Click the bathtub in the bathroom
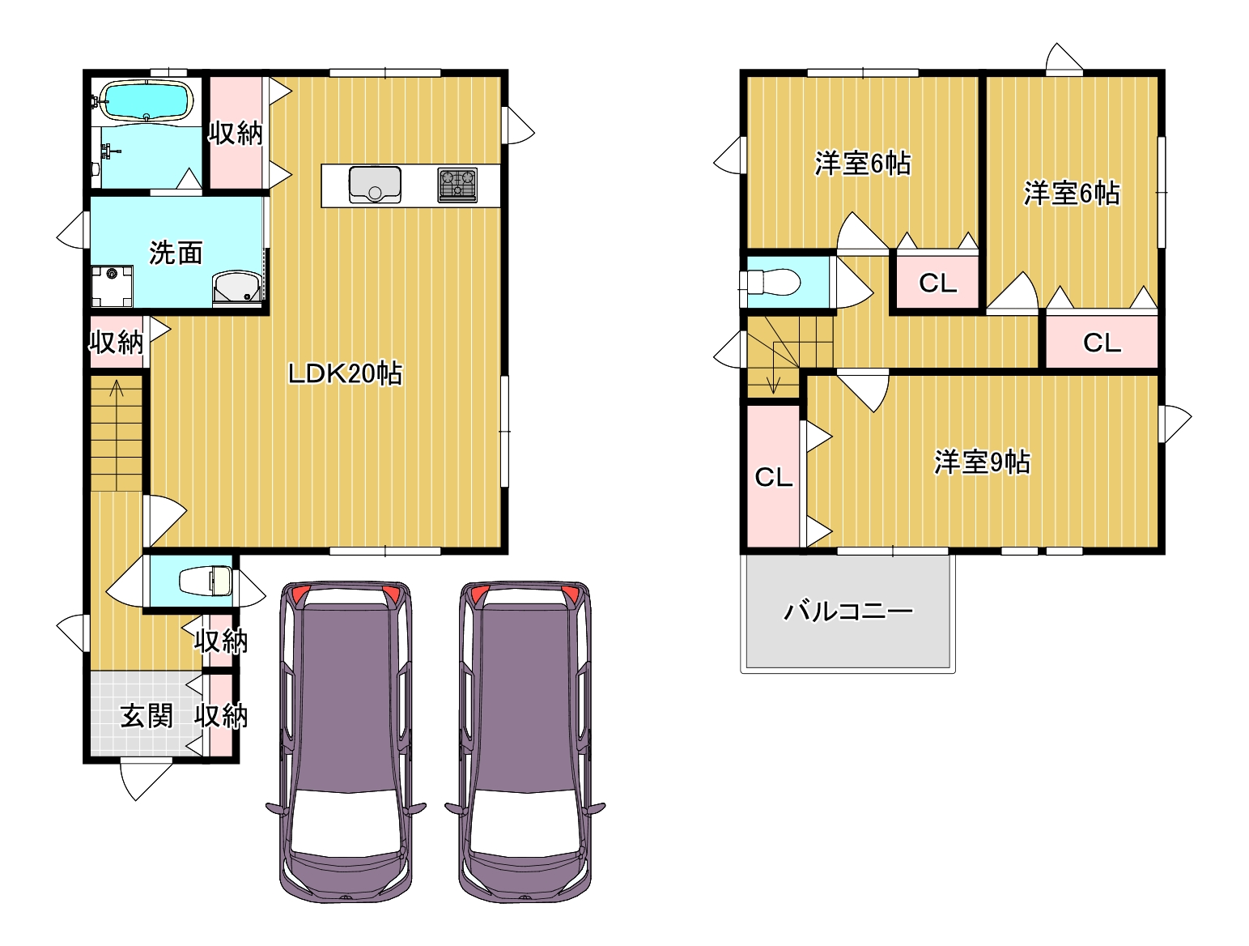point(147,101)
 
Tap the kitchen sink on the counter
point(375,185)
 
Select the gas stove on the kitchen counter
point(457,185)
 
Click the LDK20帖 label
point(345,373)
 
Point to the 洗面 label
point(176,253)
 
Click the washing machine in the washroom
point(112,286)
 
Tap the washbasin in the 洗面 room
point(237,288)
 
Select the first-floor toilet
point(206,581)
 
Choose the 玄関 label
point(147,715)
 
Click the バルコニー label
point(848,611)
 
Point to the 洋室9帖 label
point(982,462)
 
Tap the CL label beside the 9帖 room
point(773,478)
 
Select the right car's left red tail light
point(479,594)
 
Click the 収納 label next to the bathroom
point(236,133)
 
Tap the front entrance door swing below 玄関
point(146,779)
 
